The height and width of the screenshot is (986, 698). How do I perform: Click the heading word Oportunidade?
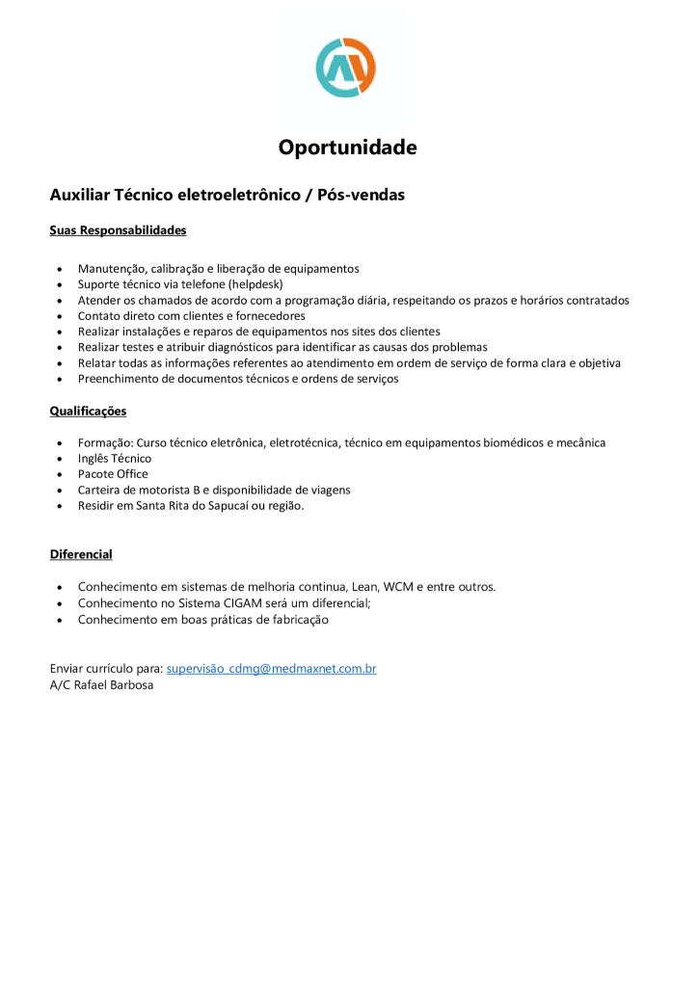(347, 147)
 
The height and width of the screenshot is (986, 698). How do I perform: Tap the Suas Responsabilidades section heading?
(118, 231)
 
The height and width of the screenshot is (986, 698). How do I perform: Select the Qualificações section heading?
(88, 412)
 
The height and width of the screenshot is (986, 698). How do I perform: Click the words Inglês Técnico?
(115, 458)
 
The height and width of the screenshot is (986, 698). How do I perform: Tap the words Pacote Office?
(113, 473)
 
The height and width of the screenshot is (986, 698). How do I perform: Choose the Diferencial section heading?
(81, 554)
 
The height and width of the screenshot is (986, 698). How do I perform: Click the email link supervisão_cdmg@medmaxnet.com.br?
(271, 668)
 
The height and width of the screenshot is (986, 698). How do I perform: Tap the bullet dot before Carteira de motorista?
(61, 491)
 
